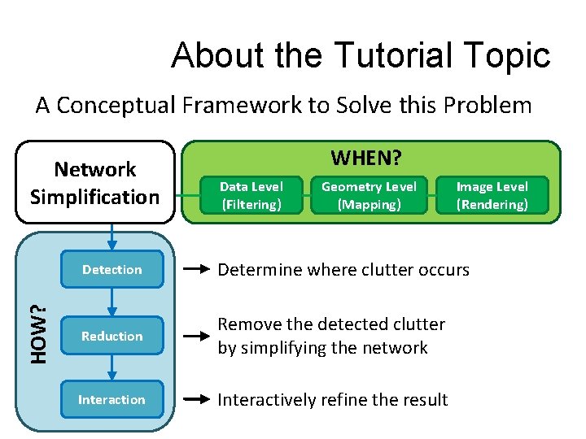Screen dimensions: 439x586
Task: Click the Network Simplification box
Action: (x=95, y=183)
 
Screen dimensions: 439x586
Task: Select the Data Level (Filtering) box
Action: (x=251, y=195)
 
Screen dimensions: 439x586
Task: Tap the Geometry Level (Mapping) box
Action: (x=369, y=195)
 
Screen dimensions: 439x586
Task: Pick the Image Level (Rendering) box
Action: (x=492, y=195)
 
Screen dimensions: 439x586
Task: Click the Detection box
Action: (x=112, y=269)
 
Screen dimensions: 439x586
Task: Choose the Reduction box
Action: (x=112, y=336)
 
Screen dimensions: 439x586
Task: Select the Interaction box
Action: (x=112, y=399)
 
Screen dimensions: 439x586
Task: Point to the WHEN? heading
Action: (x=366, y=156)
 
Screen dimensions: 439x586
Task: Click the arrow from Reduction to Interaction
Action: (x=112, y=367)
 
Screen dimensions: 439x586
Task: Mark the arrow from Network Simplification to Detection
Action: (x=112, y=236)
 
